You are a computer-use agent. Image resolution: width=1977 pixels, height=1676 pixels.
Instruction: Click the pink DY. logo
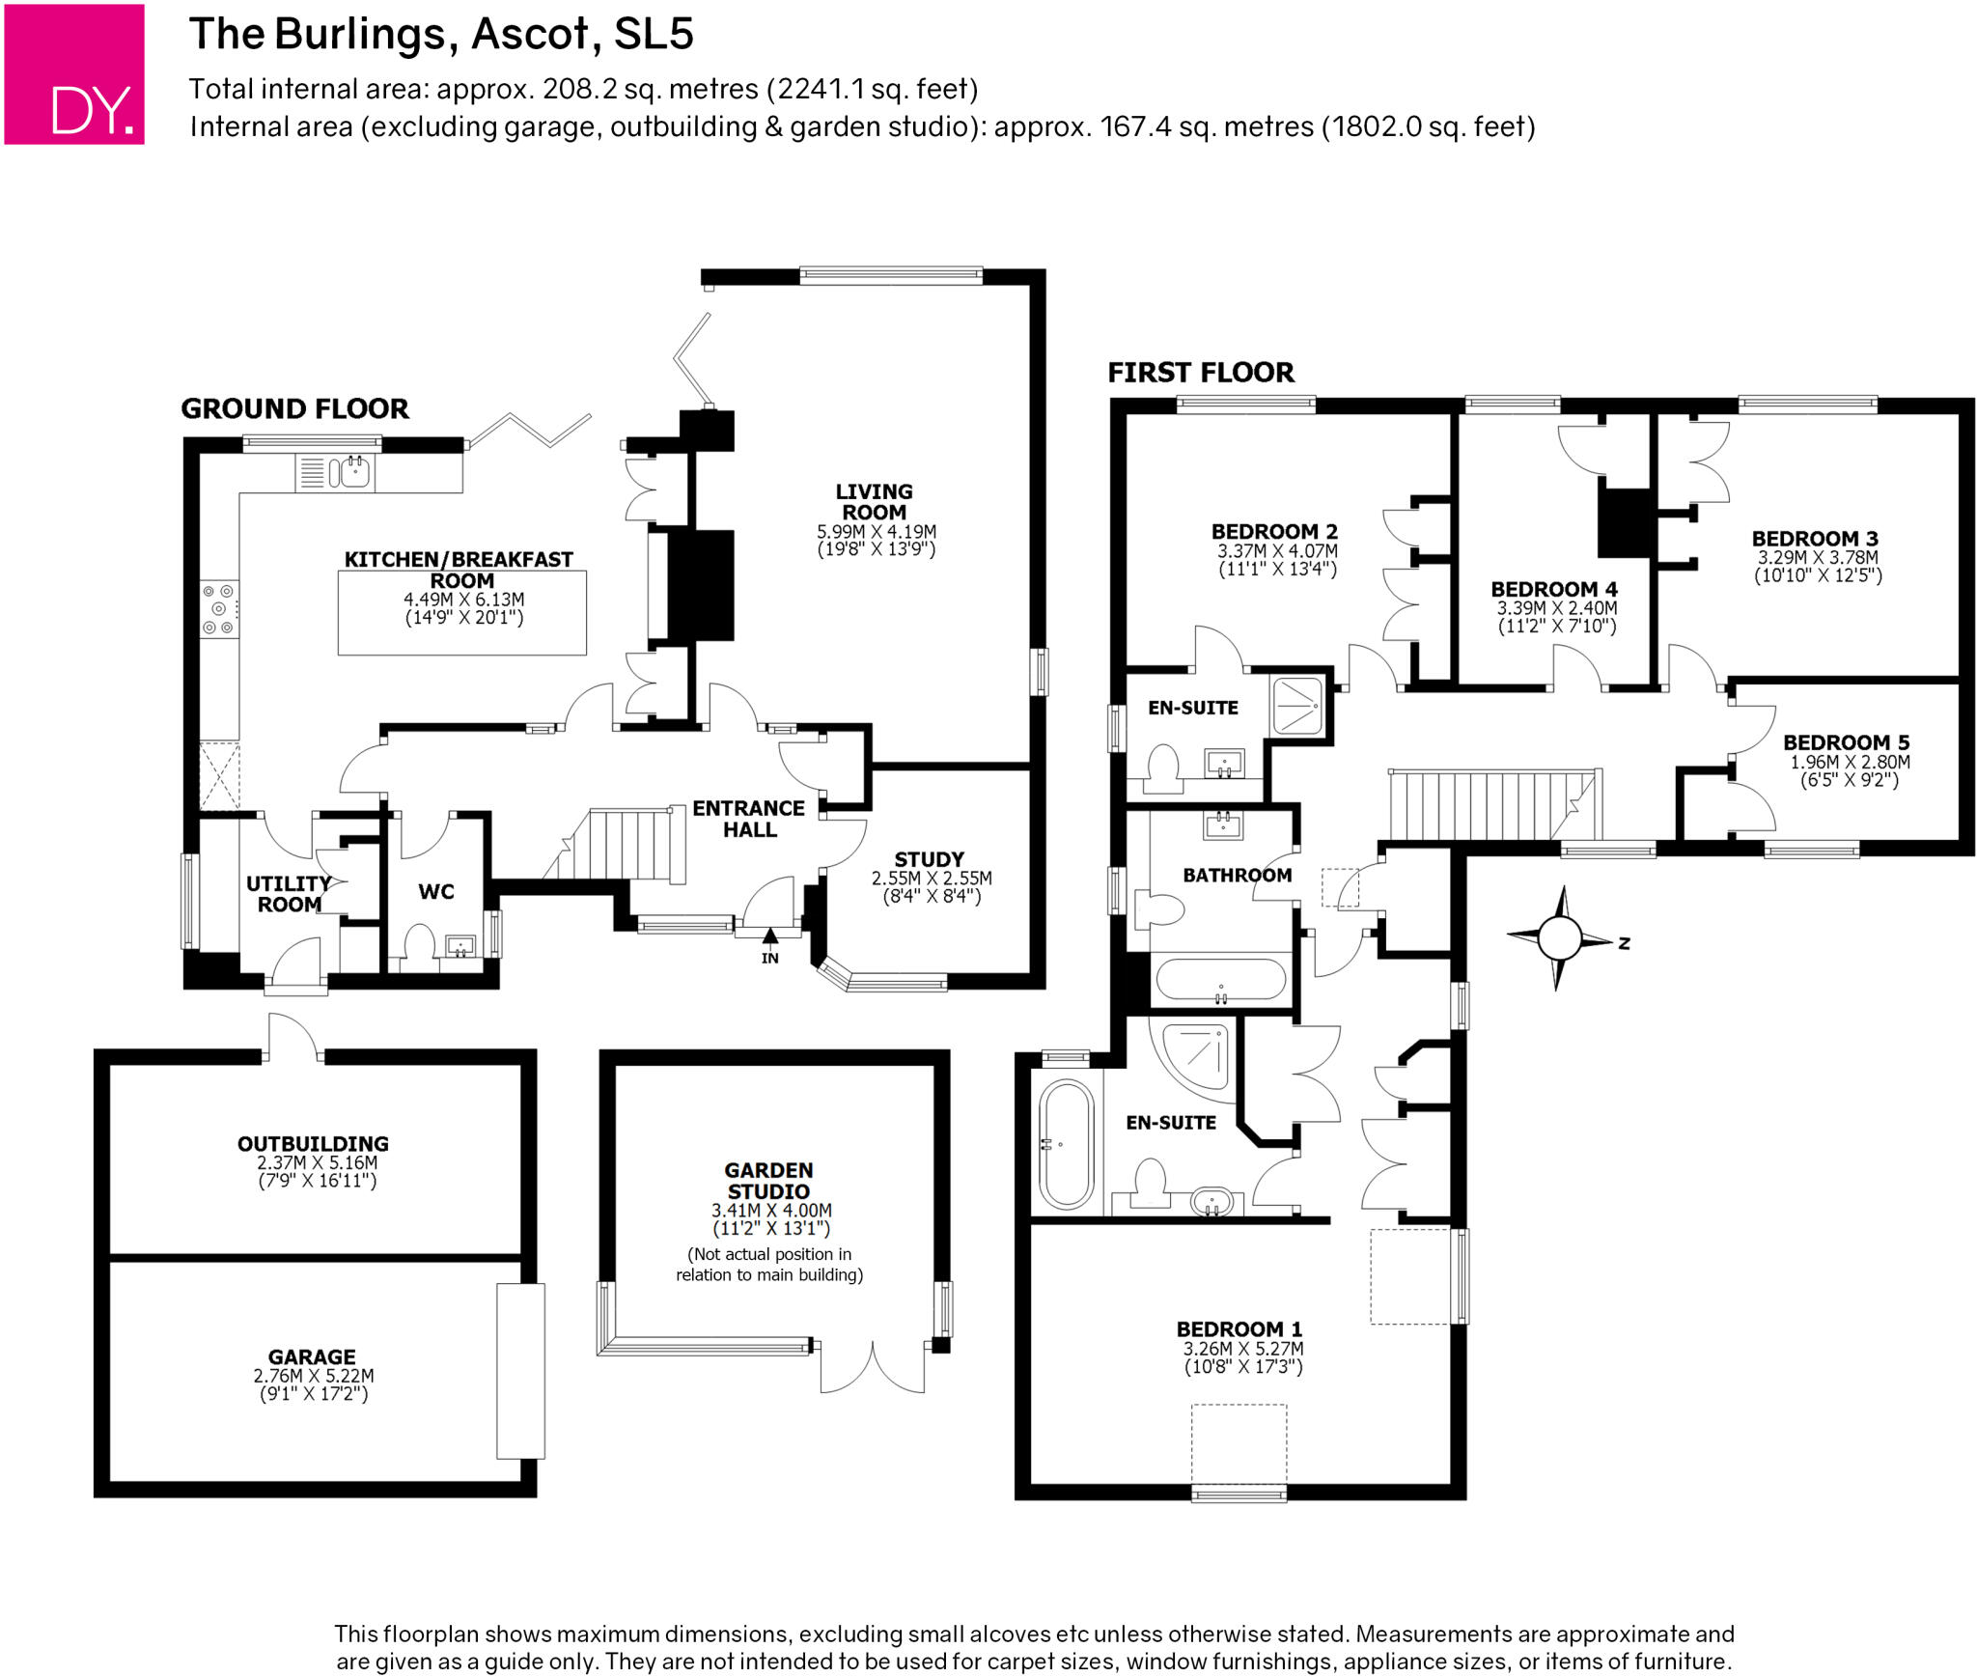(x=74, y=74)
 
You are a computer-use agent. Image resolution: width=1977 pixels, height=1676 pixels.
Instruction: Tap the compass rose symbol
(x=1558, y=937)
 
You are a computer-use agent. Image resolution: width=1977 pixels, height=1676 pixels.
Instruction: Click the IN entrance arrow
(x=769, y=936)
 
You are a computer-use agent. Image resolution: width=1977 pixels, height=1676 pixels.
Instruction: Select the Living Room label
(x=874, y=502)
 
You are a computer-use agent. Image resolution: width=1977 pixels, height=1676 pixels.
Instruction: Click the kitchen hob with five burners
(x=220, y=609)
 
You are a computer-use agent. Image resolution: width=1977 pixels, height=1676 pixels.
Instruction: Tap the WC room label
(x=436, y=892)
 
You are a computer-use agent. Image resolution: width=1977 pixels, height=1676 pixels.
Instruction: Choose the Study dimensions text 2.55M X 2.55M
(x=932, y=879)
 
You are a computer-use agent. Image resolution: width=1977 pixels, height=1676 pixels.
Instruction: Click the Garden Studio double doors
(x=872, y=1365)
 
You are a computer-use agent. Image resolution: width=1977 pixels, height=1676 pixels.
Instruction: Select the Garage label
(x=312, y=1357)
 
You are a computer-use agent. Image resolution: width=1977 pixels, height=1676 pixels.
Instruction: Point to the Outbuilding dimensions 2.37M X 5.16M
(x=317, y=1163)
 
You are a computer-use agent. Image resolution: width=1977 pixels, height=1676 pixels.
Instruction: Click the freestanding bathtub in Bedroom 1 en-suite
(x=1066, y=1144)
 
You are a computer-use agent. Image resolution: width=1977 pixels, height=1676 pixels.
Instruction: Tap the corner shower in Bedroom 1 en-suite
(x=1193, y=1058)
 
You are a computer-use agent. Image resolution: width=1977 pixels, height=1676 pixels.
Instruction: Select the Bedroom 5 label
(x=1846, y=742)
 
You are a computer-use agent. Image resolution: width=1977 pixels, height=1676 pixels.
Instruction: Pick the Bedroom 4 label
(x=1554, y=589)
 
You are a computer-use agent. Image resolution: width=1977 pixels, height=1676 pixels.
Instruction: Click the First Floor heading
(x=1201, y=373)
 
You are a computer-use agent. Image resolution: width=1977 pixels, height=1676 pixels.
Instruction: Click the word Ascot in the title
(x=529, y=35)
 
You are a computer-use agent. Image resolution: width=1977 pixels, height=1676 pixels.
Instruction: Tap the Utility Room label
(x=289, y=894)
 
